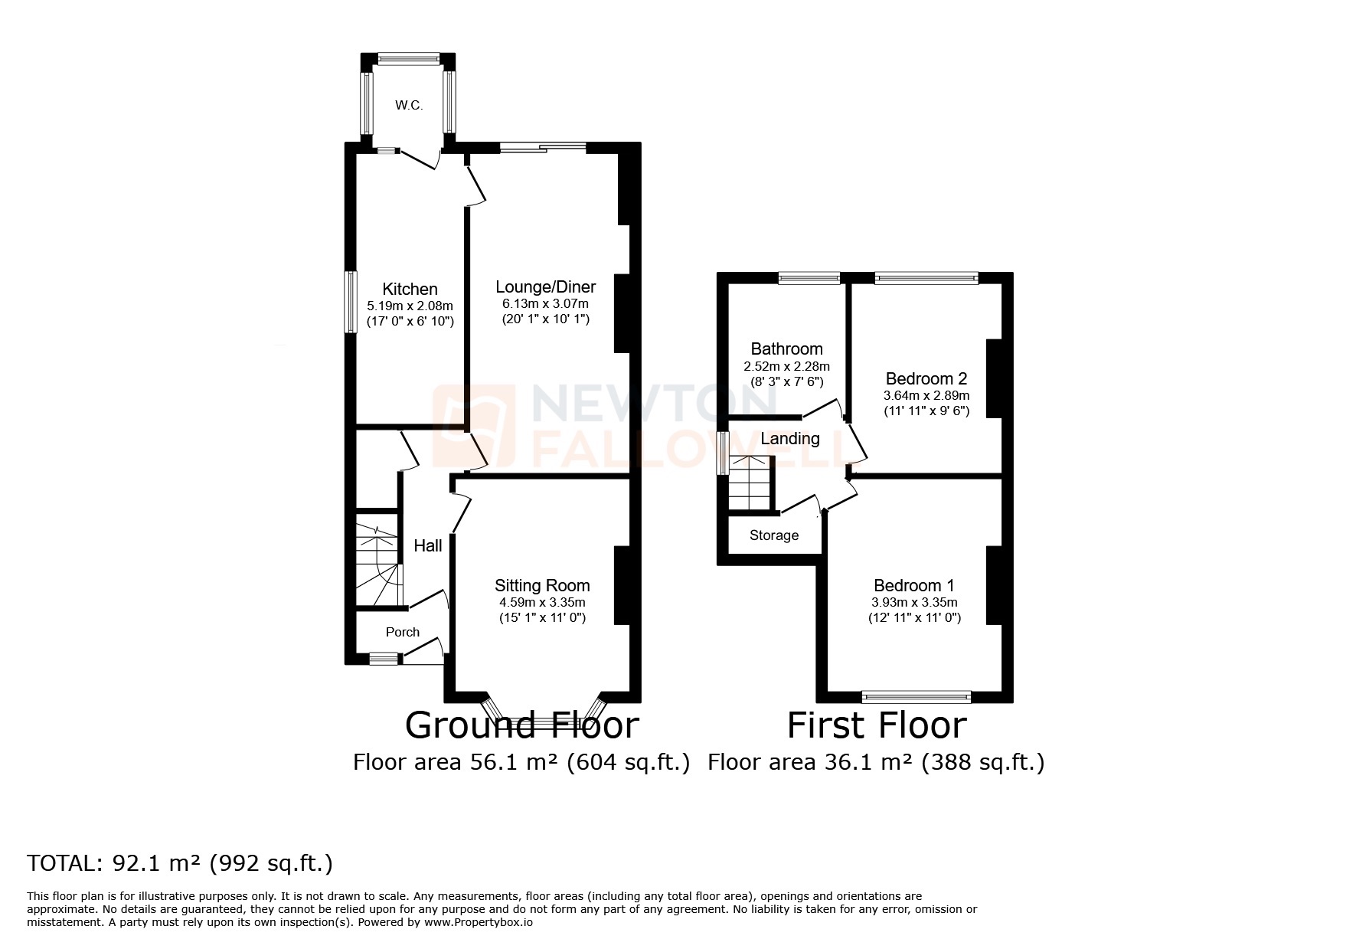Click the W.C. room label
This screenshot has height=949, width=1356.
(x=409, y=106)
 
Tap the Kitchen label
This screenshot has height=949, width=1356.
(x=410, y=289)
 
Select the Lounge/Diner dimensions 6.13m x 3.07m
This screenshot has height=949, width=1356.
(x=545, y=304)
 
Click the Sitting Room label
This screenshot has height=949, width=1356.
(x=542, y=586)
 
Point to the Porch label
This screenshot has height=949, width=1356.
(x=403, y=633)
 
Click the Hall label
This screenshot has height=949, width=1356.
(x=428, y=546)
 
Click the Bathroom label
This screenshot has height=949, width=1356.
(x=786, y=349)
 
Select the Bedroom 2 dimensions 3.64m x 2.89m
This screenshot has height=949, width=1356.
(x=926, y=396)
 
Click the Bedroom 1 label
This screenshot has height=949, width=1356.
(x=914, y=586)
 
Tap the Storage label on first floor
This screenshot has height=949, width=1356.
(x=774, y=535)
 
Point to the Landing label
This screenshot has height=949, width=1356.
(x=790, y=439)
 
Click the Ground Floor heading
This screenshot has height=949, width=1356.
(x=521, y=725)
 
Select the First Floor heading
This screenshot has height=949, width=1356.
(x=877, y=725)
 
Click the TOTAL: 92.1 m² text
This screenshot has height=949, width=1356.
(x=181, y=863)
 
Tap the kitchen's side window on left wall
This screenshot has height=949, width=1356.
(x=350, y=302)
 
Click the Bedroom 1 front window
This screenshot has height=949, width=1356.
(x=917, y=696)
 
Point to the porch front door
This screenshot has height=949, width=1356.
(x=423, y=648)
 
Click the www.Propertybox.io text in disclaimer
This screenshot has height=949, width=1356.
(x=479, y=923)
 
